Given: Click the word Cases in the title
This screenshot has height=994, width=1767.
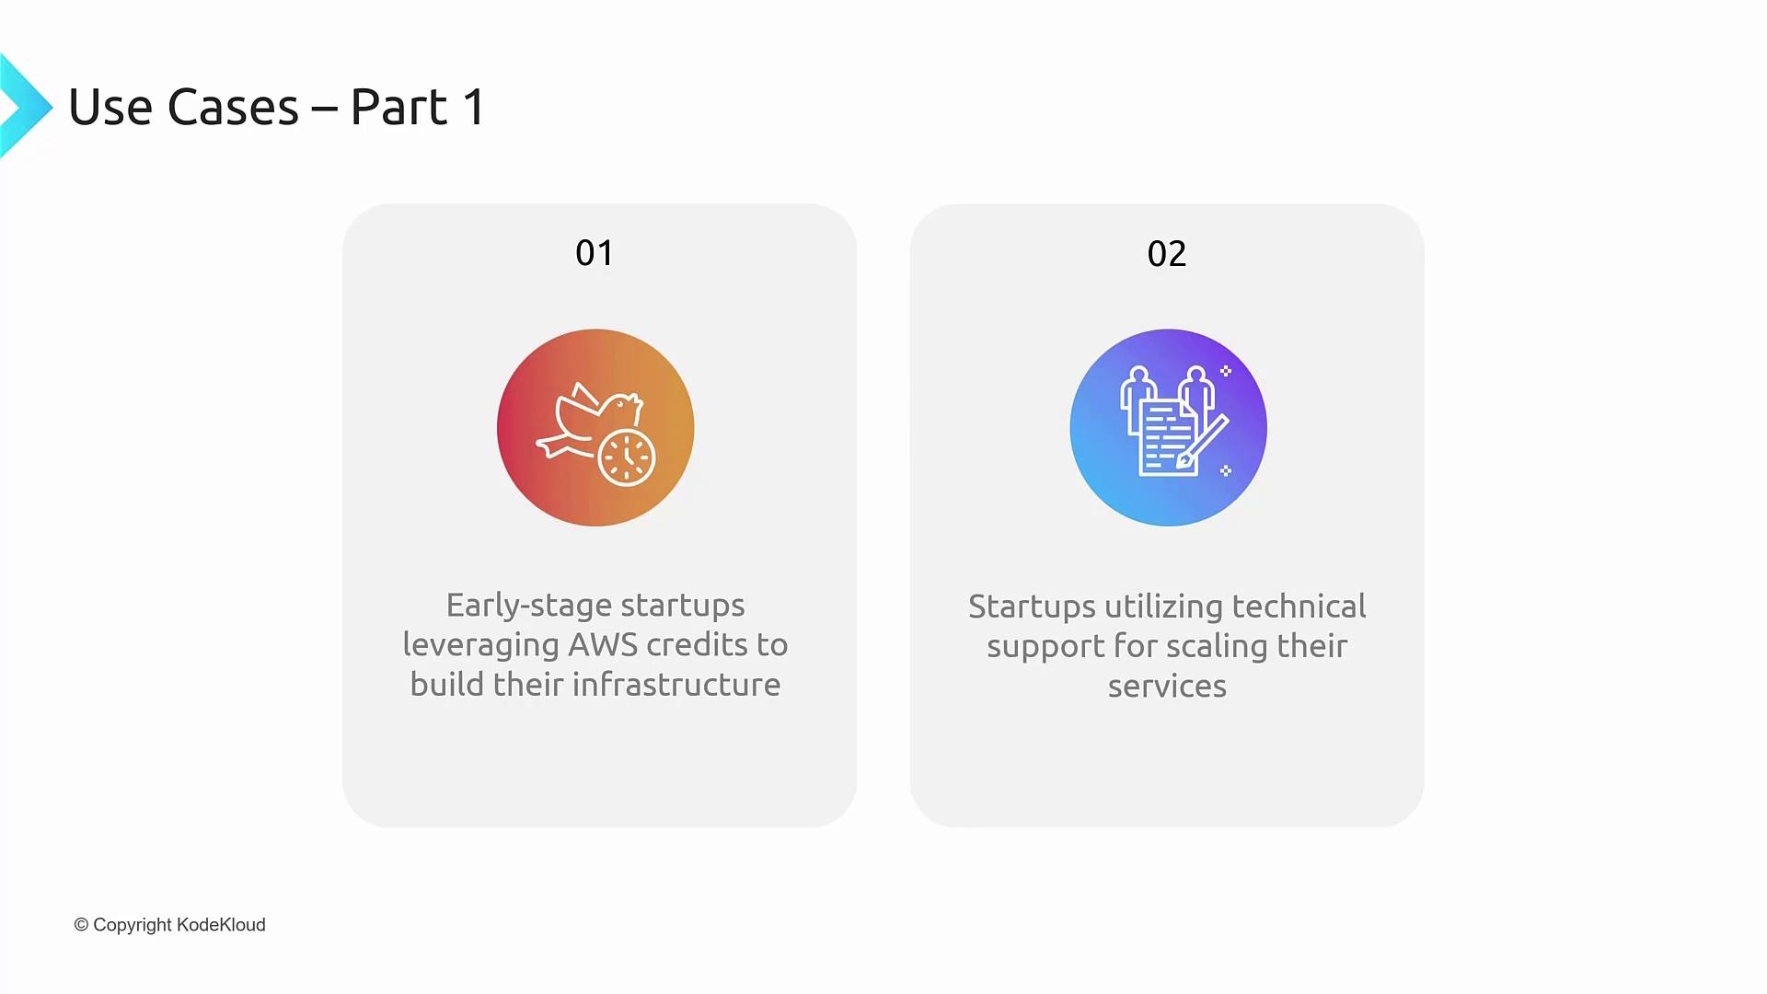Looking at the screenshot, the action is coord(234,107).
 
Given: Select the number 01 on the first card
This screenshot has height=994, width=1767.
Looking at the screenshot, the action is coord(595,253).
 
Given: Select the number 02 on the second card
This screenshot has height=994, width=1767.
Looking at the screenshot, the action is coord(1167,254).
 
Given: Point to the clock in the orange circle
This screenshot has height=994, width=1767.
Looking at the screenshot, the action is coord(627,457).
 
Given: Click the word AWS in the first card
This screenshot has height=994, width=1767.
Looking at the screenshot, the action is coord(603,644).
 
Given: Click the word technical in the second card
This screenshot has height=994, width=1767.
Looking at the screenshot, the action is coord(1299,607).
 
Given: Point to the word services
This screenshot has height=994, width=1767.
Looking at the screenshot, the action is coord(1167,687).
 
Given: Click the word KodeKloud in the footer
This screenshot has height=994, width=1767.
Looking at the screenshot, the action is coord(221,925).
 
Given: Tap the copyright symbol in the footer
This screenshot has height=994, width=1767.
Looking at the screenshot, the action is coord(81,925).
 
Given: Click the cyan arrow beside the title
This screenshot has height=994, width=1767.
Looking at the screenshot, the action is coord(26,106).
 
